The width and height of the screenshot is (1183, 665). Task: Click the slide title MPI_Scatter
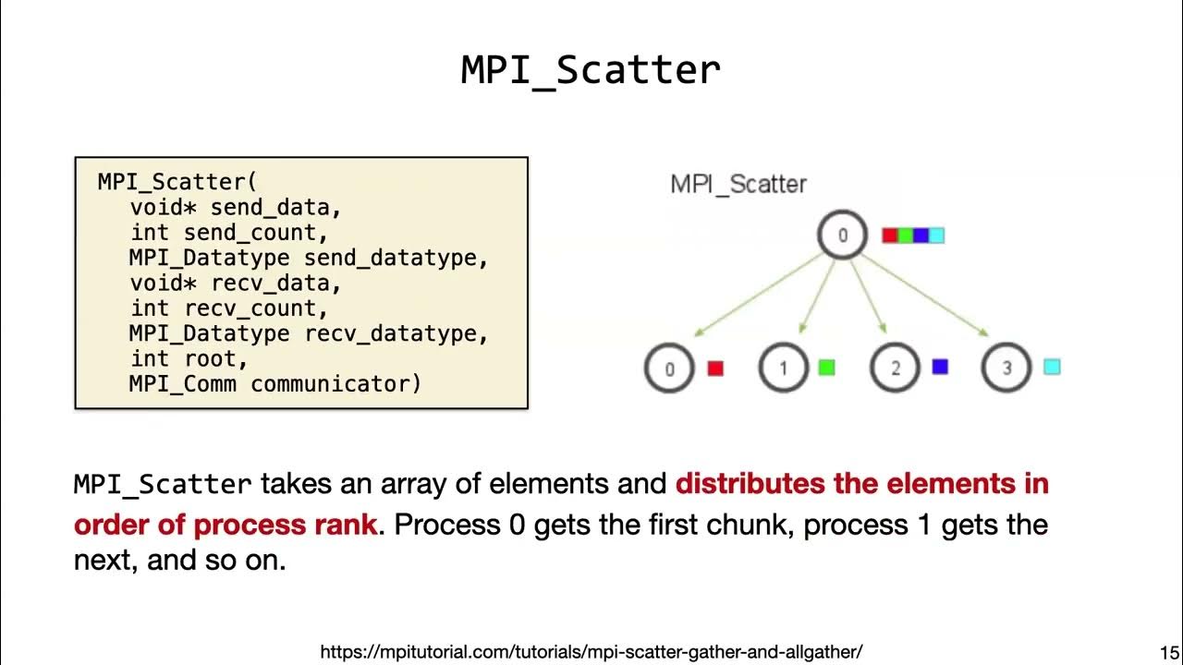coord(591,71)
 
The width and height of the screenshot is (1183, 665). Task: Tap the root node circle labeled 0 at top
coord(842,235)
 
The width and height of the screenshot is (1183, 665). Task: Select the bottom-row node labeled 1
coord(783,369)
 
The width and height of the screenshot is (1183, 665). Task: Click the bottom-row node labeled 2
coord(895,369)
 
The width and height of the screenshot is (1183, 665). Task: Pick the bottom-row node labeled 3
coord(1006,369)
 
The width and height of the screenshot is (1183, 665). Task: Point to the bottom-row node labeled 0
coord(669,369)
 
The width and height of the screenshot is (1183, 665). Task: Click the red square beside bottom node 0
coord(715,368)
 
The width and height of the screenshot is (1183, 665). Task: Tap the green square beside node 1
coord(827,368)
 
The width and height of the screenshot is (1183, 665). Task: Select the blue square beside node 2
coord(940,367)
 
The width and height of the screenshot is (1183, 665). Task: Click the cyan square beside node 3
coord(1052,367)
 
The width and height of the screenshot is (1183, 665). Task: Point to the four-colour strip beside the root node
coord(913,236)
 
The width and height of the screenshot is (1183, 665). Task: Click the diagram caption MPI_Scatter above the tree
coord(738,184)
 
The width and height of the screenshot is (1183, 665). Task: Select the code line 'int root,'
coord(189,358)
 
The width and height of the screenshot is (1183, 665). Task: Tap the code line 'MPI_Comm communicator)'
coord(274,383)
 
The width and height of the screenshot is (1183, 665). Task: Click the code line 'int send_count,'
coord(228,233)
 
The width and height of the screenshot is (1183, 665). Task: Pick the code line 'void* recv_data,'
coord(236,283)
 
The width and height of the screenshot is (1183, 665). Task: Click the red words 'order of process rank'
coord(226,525)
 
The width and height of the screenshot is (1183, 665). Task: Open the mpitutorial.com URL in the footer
coord(591,651)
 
